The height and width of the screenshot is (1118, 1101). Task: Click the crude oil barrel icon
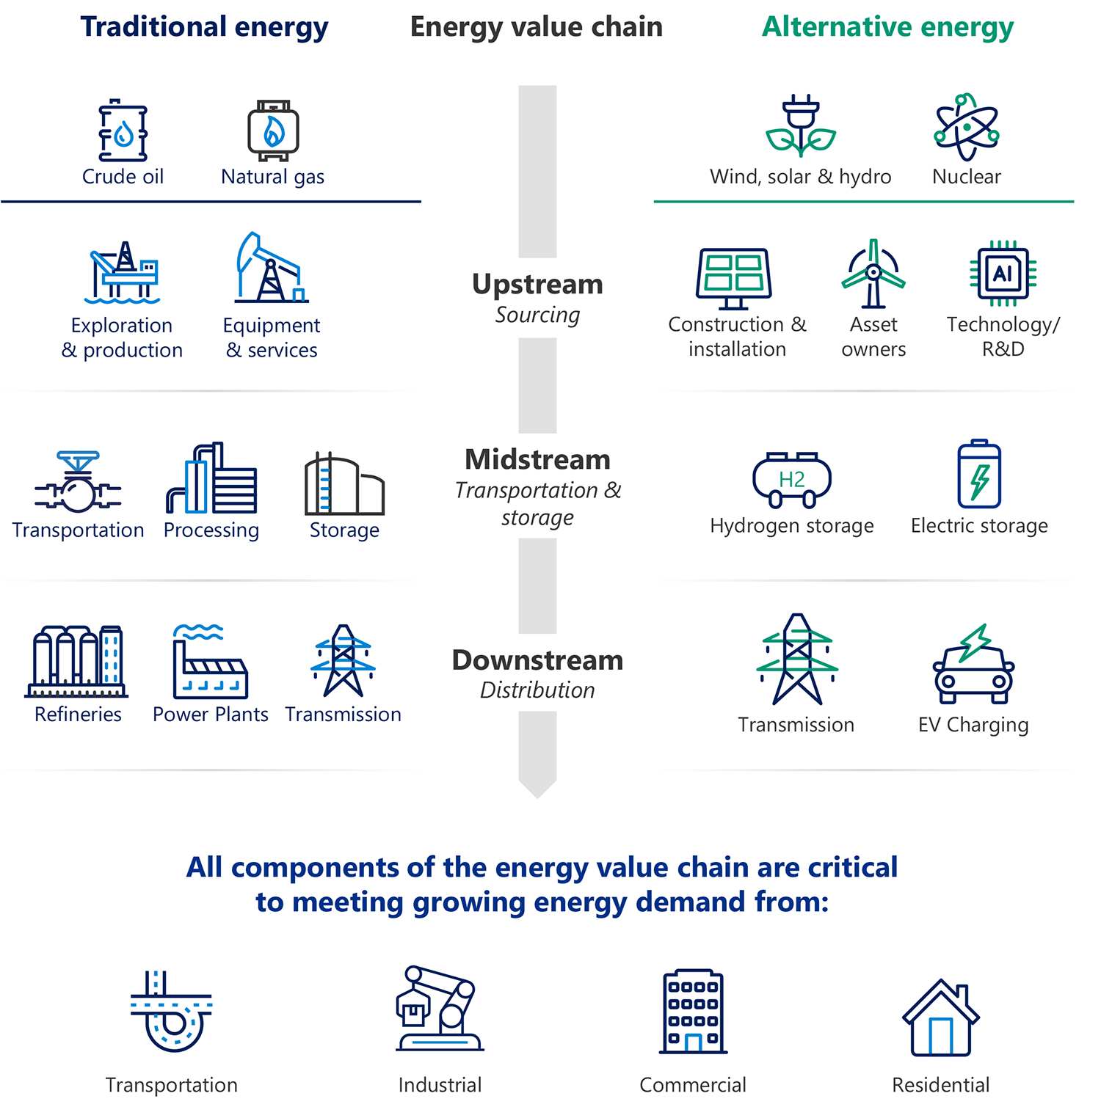point(123,131)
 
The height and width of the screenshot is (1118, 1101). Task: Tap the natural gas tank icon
point(273,131)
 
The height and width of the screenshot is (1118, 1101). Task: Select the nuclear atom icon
point(966,127)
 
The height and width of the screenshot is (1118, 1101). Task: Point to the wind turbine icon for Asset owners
point(873,274)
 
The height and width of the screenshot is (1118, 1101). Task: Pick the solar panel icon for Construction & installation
point(734,278)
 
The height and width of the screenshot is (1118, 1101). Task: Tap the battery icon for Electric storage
point(979,475)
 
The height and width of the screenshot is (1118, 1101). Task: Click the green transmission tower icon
point(797,659)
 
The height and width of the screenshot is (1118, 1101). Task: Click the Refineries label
point(78,715)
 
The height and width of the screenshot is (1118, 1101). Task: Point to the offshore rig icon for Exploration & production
point(123,273)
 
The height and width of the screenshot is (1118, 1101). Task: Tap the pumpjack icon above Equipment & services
point(271,268)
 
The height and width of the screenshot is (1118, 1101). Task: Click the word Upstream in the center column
point(537,285)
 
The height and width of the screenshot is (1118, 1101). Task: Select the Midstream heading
point(537,460)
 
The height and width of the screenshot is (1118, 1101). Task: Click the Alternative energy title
point(887,27)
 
